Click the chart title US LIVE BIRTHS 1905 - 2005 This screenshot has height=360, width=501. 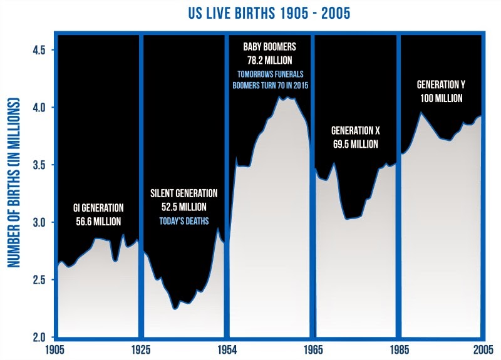point(250,12)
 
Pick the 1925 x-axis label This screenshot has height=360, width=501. point(140,349)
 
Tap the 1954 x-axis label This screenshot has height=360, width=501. point(225,349)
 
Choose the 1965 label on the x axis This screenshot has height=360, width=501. point(312,349)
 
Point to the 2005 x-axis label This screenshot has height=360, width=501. point(483,349)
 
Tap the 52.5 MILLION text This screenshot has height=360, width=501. point(183,207)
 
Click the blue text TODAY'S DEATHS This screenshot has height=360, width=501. point(183,220)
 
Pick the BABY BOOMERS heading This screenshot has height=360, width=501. point(269,47)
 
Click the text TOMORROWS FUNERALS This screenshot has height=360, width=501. point(269,73)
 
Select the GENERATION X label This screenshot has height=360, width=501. point(355,131)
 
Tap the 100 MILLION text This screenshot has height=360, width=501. point(440,98)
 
